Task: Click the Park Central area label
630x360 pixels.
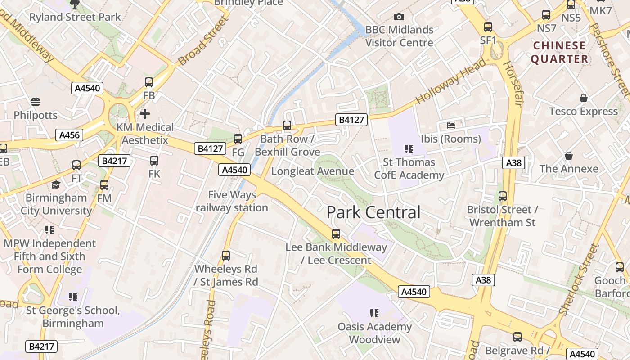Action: click(x=373, y=212)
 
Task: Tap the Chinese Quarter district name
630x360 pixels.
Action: click(x=559, y=52)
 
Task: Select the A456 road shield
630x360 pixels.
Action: click(x=70, y=135)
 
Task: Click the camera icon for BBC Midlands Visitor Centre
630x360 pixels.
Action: click(x=399, y=17)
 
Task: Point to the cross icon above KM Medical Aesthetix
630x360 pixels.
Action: click(x=145, y=113)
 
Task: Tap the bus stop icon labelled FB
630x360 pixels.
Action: click(x=149, y=82)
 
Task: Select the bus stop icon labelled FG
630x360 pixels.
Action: click(x=238, y=139)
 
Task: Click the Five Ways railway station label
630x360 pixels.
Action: click(x=232, y=201)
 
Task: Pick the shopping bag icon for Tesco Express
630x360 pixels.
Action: click(x=583, y=98)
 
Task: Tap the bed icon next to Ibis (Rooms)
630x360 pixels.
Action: click(x=451, y=125)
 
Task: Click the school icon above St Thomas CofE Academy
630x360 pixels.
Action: click(x=409, y=148)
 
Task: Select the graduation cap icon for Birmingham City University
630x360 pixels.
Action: click(x=56, y=184)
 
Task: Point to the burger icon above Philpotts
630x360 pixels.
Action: click(x=36, y=102)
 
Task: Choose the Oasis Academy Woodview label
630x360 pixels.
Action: click(x=375, y=333)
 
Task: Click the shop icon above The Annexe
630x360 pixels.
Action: click(x=569, y=156)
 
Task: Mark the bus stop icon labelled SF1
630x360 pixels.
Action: click(x=488, y=27)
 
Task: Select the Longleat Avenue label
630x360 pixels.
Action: click(x=312, y=171)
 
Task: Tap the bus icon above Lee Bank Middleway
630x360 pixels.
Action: click(x=336, y=234)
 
